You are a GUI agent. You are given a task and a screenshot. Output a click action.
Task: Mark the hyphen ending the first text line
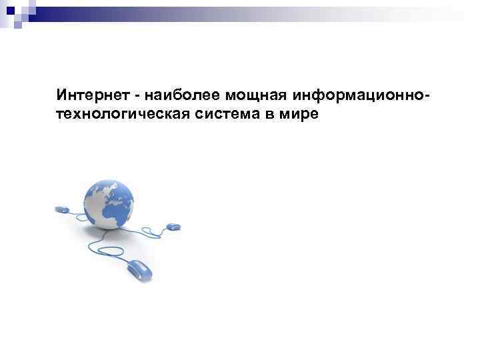(425, 97)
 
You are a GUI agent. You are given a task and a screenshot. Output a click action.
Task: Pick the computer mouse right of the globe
(172, 227)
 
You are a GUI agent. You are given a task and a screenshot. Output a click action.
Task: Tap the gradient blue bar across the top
(267, 11)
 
